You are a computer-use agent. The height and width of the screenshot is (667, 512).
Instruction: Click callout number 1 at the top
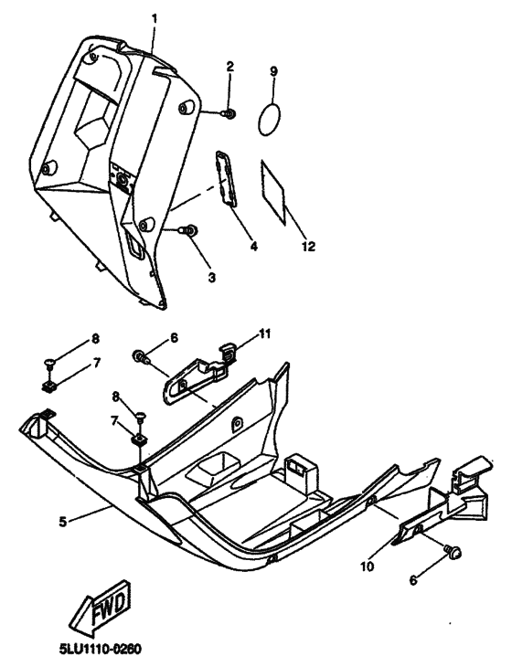click(x=155, y=18)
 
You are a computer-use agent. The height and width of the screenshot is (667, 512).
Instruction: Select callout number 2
click(x=230, y=66)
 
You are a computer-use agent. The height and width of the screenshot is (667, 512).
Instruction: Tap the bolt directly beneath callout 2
click(x=229, y=112)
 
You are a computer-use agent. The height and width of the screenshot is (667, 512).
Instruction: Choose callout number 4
click(x=253, y=246)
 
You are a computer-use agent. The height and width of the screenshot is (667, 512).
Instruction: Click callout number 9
click(x=272, y=70)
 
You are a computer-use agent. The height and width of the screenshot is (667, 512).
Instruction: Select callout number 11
click(x=265, y=335)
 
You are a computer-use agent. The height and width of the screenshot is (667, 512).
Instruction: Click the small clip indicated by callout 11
click(x=230, y=349)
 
